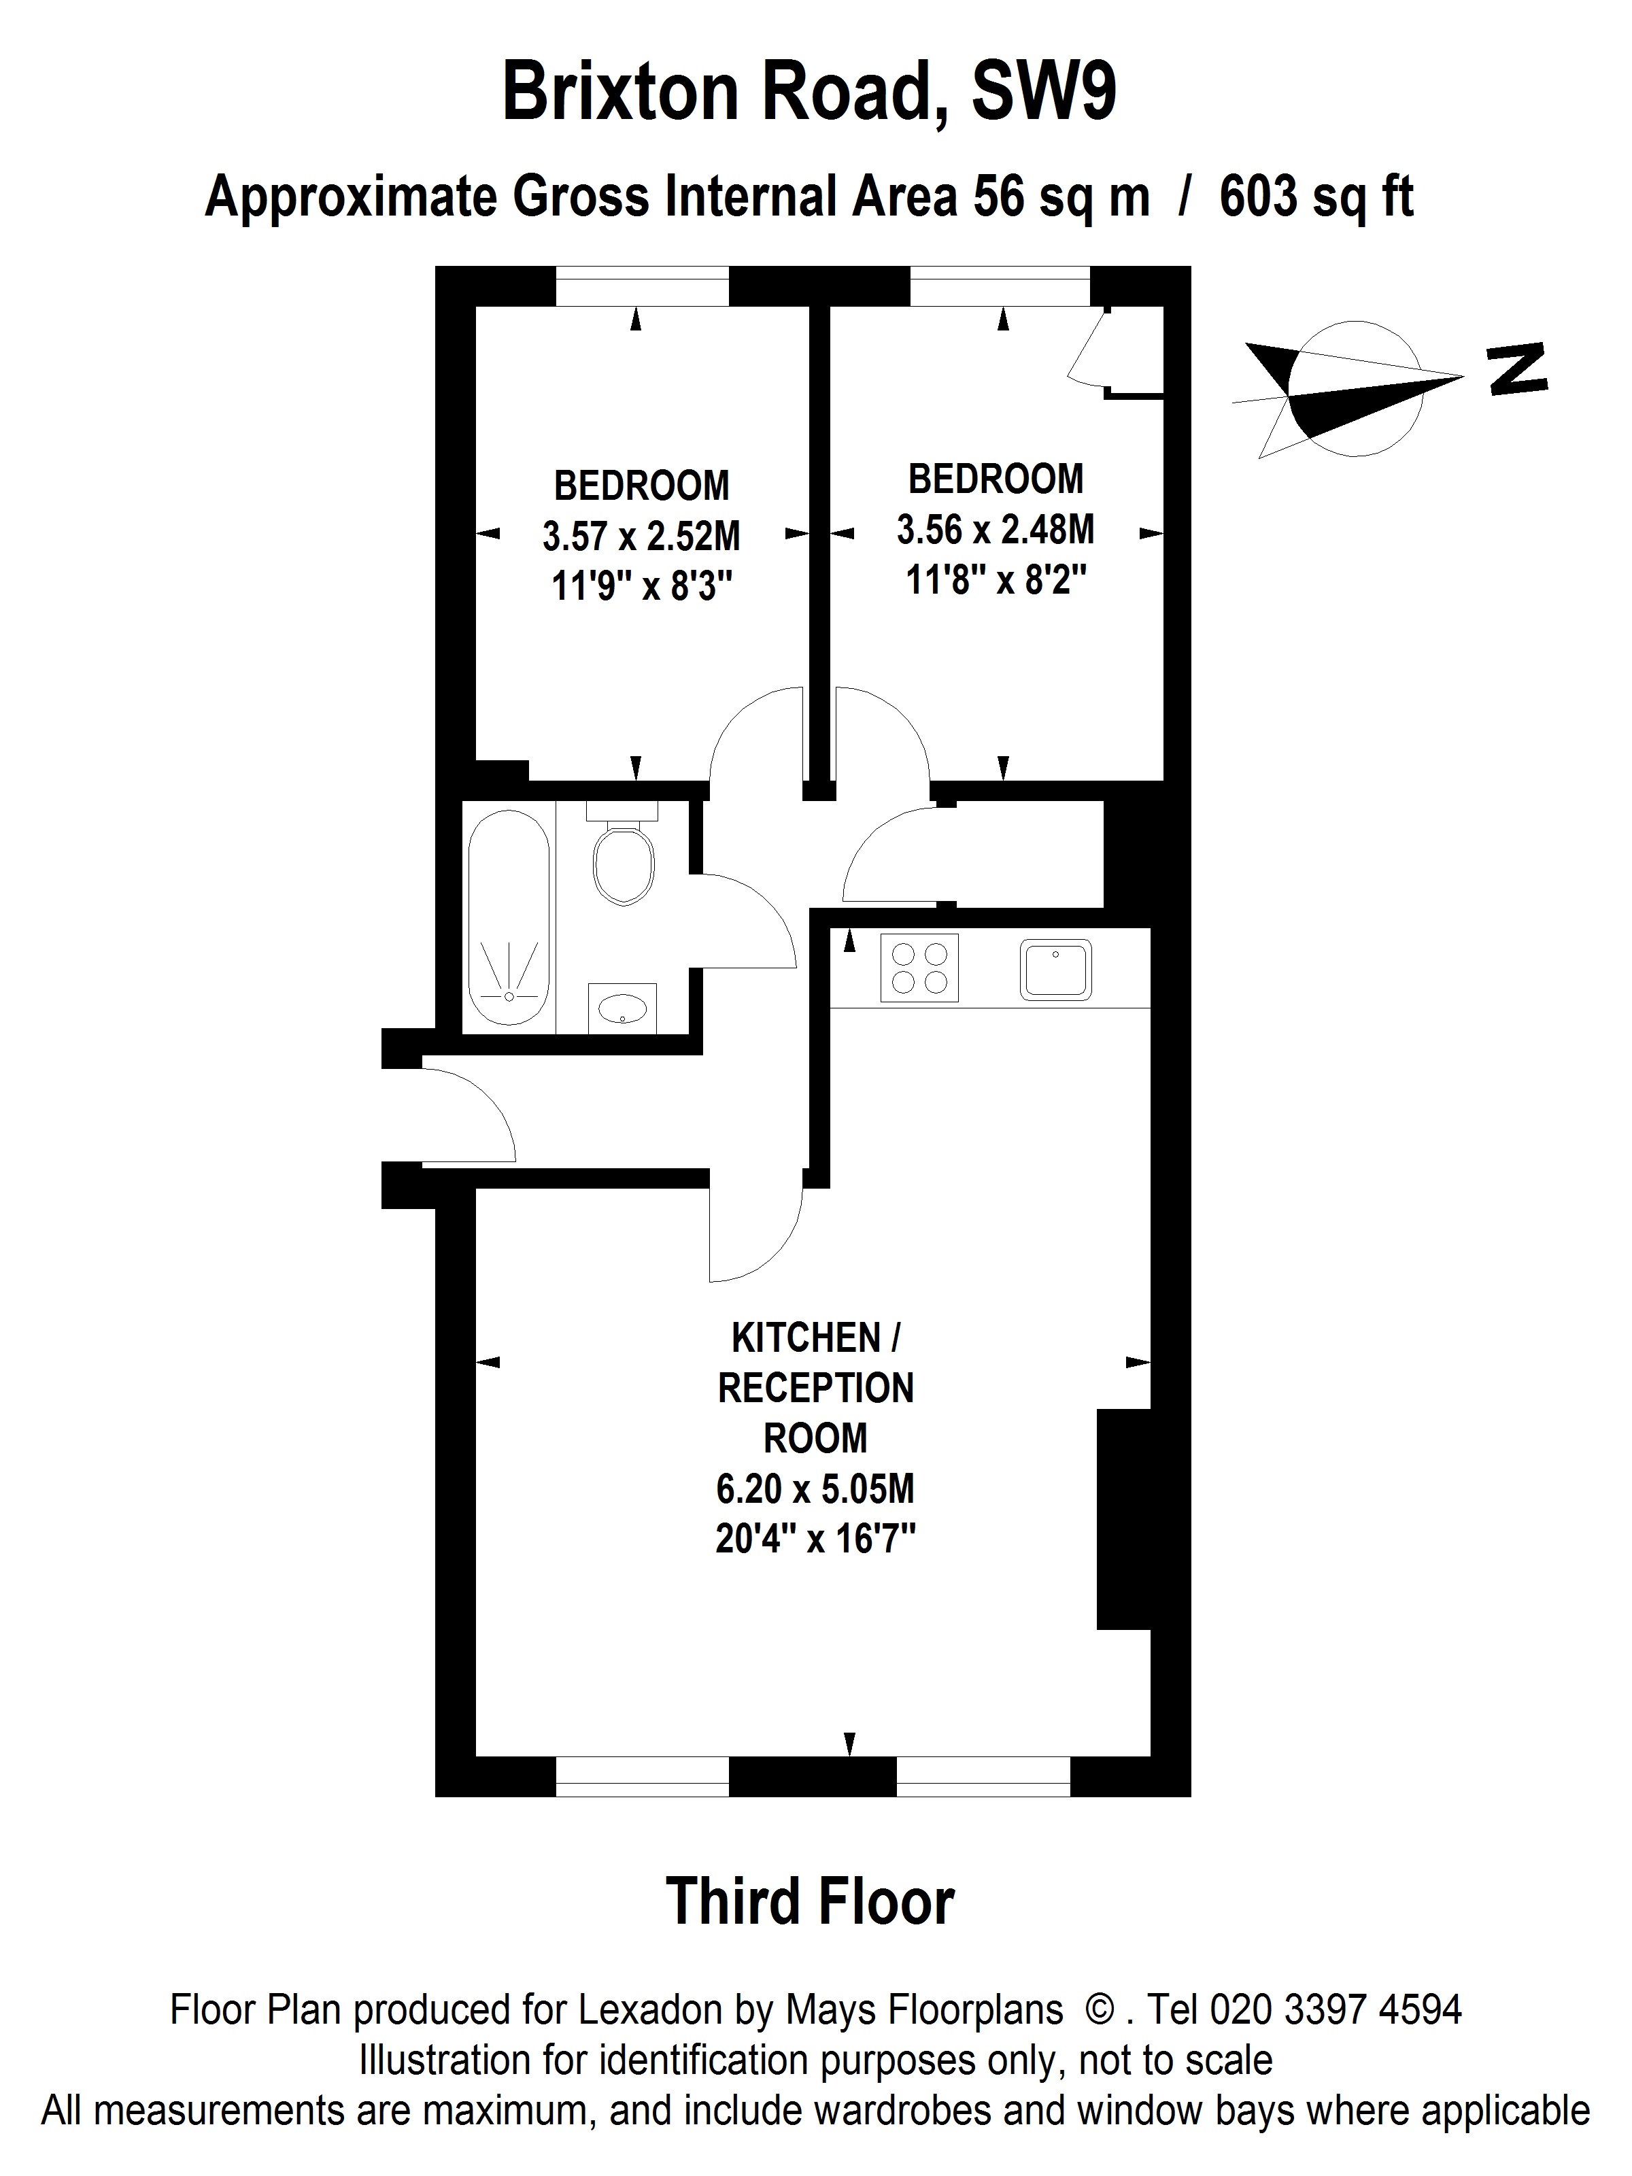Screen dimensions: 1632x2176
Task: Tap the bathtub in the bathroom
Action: click(x=509, y=917)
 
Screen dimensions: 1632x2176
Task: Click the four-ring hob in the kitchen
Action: click(x=919, y=967)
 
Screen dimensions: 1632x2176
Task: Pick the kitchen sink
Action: click(x=1055, y=969)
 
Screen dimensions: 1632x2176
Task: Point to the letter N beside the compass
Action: click(x=1518, y=370)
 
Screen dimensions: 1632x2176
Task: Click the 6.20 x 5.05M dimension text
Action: click(x=815, y=1489)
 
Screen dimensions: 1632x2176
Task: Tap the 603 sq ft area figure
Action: click(x=1316, y=197)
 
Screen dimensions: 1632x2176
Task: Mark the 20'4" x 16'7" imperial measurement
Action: click(x=815, y=1539)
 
